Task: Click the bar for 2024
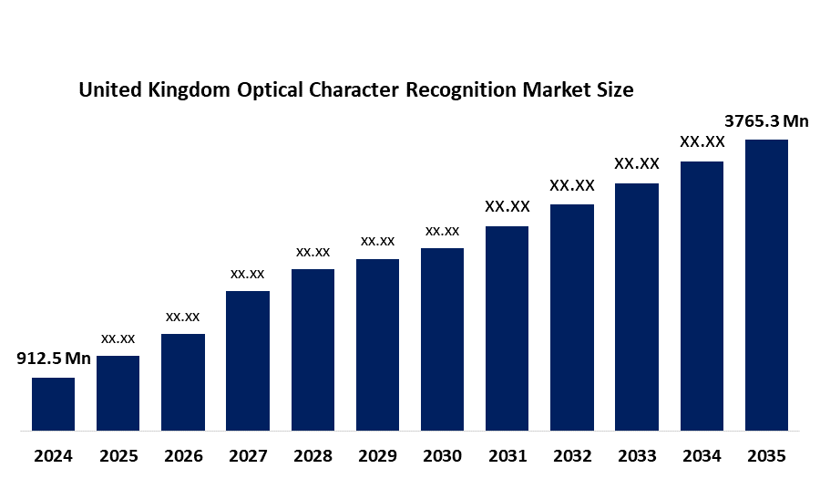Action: pyautogui.click(x=53, y=403)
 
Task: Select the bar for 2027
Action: pyautogui.click(x=248, y=360)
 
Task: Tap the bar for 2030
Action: pyautogui.click(x=442, y=338)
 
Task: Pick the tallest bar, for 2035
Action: pyautogui.click(x=766, y=285)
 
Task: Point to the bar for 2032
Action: pyautogui.click(x=571, y=317)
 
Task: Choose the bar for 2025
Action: pyautogui.click(x=118, y=392)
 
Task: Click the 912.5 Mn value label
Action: pyautogui.click(x=54, y=359)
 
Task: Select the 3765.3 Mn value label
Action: pyautogui.click(x=766, y=120)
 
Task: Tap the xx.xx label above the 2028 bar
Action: pyautogui.click(x=313, y=252)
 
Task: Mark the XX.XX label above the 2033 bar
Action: pyautogui.click(x=636, y=164)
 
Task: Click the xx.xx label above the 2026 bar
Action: pyautogui.click(x=182, y=317)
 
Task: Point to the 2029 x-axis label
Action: pyautogui.click(x=377, y=455)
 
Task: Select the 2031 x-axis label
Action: pyautogui.click(x=507, y=455)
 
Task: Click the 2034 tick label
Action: pyautogui.click(x=702, y=455)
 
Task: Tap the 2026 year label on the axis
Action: pyautogui.click(x=182, y=455)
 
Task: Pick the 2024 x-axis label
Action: pyautogui.click(x=53, y=455)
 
